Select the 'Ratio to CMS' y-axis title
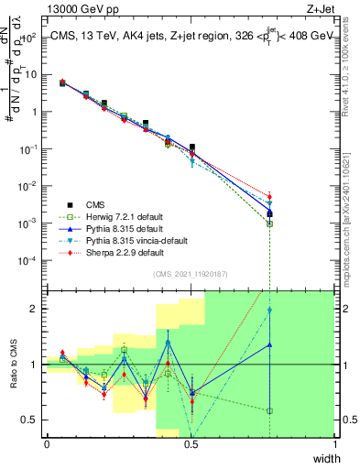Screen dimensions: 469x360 coord(13,364)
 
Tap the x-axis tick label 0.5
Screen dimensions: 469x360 coord(191,443)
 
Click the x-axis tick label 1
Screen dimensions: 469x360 coord(334,443)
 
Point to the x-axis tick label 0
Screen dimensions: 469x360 coord(47,443)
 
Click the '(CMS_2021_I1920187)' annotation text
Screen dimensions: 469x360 coord(190,274)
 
